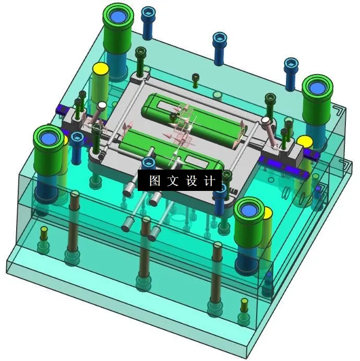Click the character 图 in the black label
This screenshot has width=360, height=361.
[x=154, y=180]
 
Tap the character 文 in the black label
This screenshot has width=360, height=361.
[x=172, y=180]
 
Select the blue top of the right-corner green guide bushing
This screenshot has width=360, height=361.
[x=318, y=87]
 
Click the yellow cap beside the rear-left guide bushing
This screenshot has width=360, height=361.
[x=100, y=69]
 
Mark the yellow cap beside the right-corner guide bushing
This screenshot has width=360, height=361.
[x=305, y=141]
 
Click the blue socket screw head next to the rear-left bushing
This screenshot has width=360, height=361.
[x=148, y=12]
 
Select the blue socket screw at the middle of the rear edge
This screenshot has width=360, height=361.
[x=220, y=38]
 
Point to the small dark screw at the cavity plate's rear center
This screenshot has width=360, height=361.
[x=195, y=78]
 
